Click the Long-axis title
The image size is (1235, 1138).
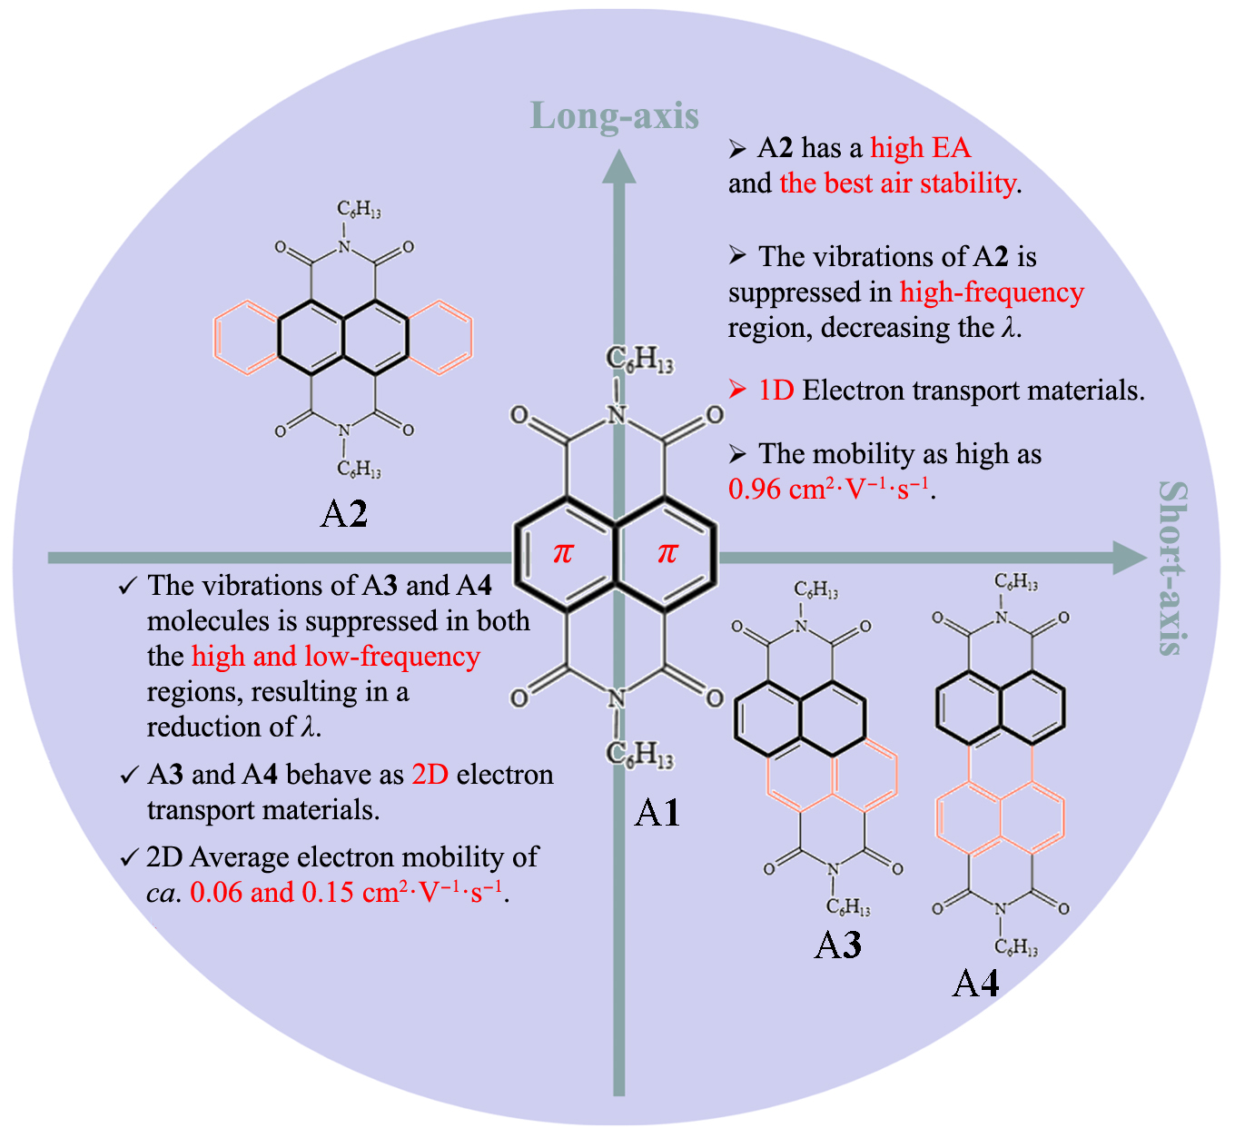pyautogui.click(x=615, y=116)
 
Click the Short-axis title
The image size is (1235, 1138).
pyautogui.click(x=1173, y=568)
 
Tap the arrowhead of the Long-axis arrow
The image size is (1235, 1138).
pyautogui.click(x=618, y=166)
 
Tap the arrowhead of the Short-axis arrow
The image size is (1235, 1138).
pyautogui.click(x=1130, y=558)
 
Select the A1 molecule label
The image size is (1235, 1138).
pyautogui.click(x=657, y=813)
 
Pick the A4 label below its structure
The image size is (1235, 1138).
pyautogui.click(x=975, y=1000)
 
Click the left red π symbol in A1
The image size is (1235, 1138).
pyautogui.click(x=563, y=553)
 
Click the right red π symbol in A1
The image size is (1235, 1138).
pyautogui.click(x=667, y=553)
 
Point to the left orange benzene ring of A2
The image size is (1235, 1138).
pyautogui.click(x=246, y=338)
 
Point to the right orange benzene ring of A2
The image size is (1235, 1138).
pyautogui.click(x=440, y=338)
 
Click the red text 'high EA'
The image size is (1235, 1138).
pyautogui.click(x=921, y=148)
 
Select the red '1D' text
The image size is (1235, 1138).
pyautogui.click(x=776, y=391)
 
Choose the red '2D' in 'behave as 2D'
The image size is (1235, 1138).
pyautogui.click(x=430, y=775)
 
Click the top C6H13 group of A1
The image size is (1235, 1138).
pyautogui.click(x=639, y=359)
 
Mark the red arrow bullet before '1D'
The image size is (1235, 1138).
pyautogui.click(x=737, y=390)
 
